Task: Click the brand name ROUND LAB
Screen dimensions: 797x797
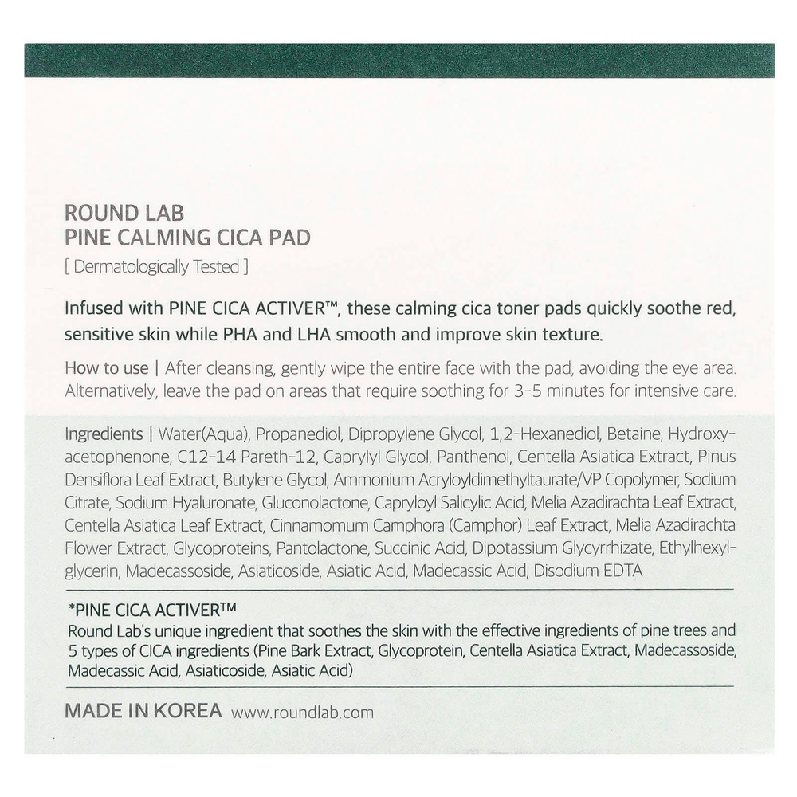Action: click(124, 213)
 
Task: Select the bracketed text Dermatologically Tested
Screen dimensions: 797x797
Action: click(156, 267)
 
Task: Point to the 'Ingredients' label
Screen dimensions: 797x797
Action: click(103, 434)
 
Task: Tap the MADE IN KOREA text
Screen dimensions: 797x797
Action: click(143, 711)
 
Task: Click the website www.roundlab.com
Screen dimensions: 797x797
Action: click(302, 713)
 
